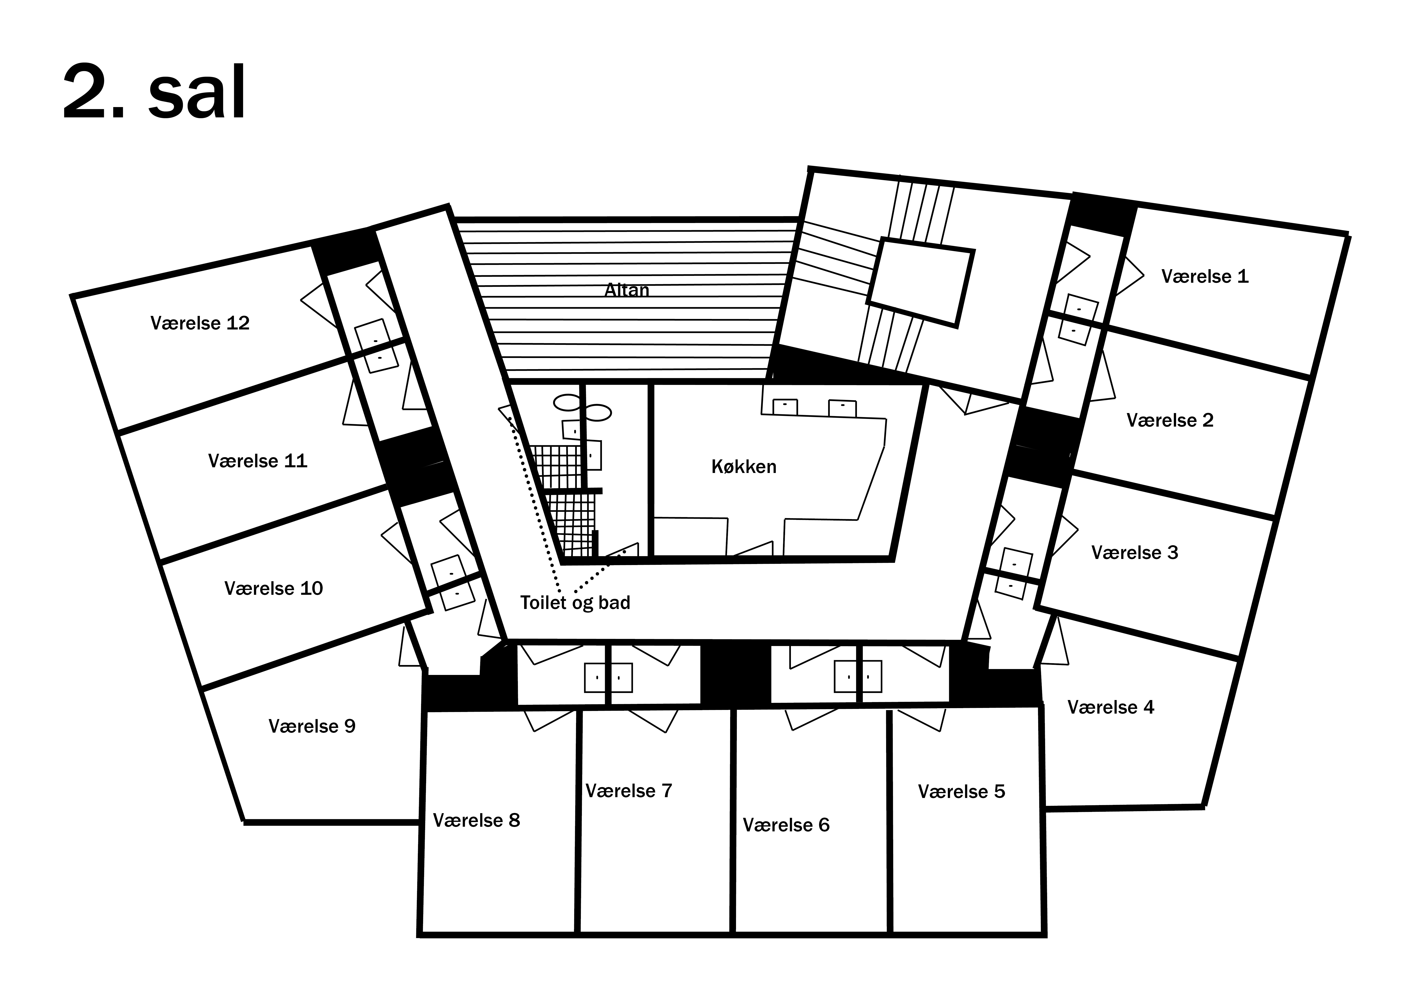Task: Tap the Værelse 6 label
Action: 786,825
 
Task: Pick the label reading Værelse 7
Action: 629,790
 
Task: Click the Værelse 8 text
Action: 477,820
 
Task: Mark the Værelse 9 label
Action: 312,726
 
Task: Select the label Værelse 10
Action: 274,588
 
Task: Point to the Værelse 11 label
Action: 257,461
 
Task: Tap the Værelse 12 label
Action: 200,323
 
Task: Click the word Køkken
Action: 744,466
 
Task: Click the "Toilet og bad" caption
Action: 575,602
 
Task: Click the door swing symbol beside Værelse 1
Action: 1130,276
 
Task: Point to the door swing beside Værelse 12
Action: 319,306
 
